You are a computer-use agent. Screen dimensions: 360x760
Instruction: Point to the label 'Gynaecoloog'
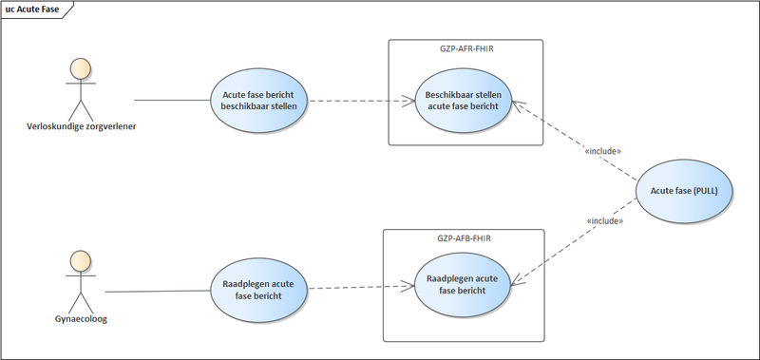(x=81, y=319)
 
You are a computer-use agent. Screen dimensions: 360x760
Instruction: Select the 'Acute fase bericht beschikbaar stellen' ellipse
(x=259, y=101)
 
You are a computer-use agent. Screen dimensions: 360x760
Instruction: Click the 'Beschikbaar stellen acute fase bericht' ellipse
(x=465, y=100)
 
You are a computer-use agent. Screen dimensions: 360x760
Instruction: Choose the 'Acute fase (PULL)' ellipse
(x=684, y=191)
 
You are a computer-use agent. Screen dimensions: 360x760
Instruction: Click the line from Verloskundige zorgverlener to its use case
(x=171, y=100)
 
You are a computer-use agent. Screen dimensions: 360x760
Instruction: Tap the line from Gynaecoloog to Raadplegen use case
(x=157, y=291)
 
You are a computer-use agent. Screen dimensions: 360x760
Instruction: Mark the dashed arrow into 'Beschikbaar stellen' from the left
(x=361, y=100)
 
